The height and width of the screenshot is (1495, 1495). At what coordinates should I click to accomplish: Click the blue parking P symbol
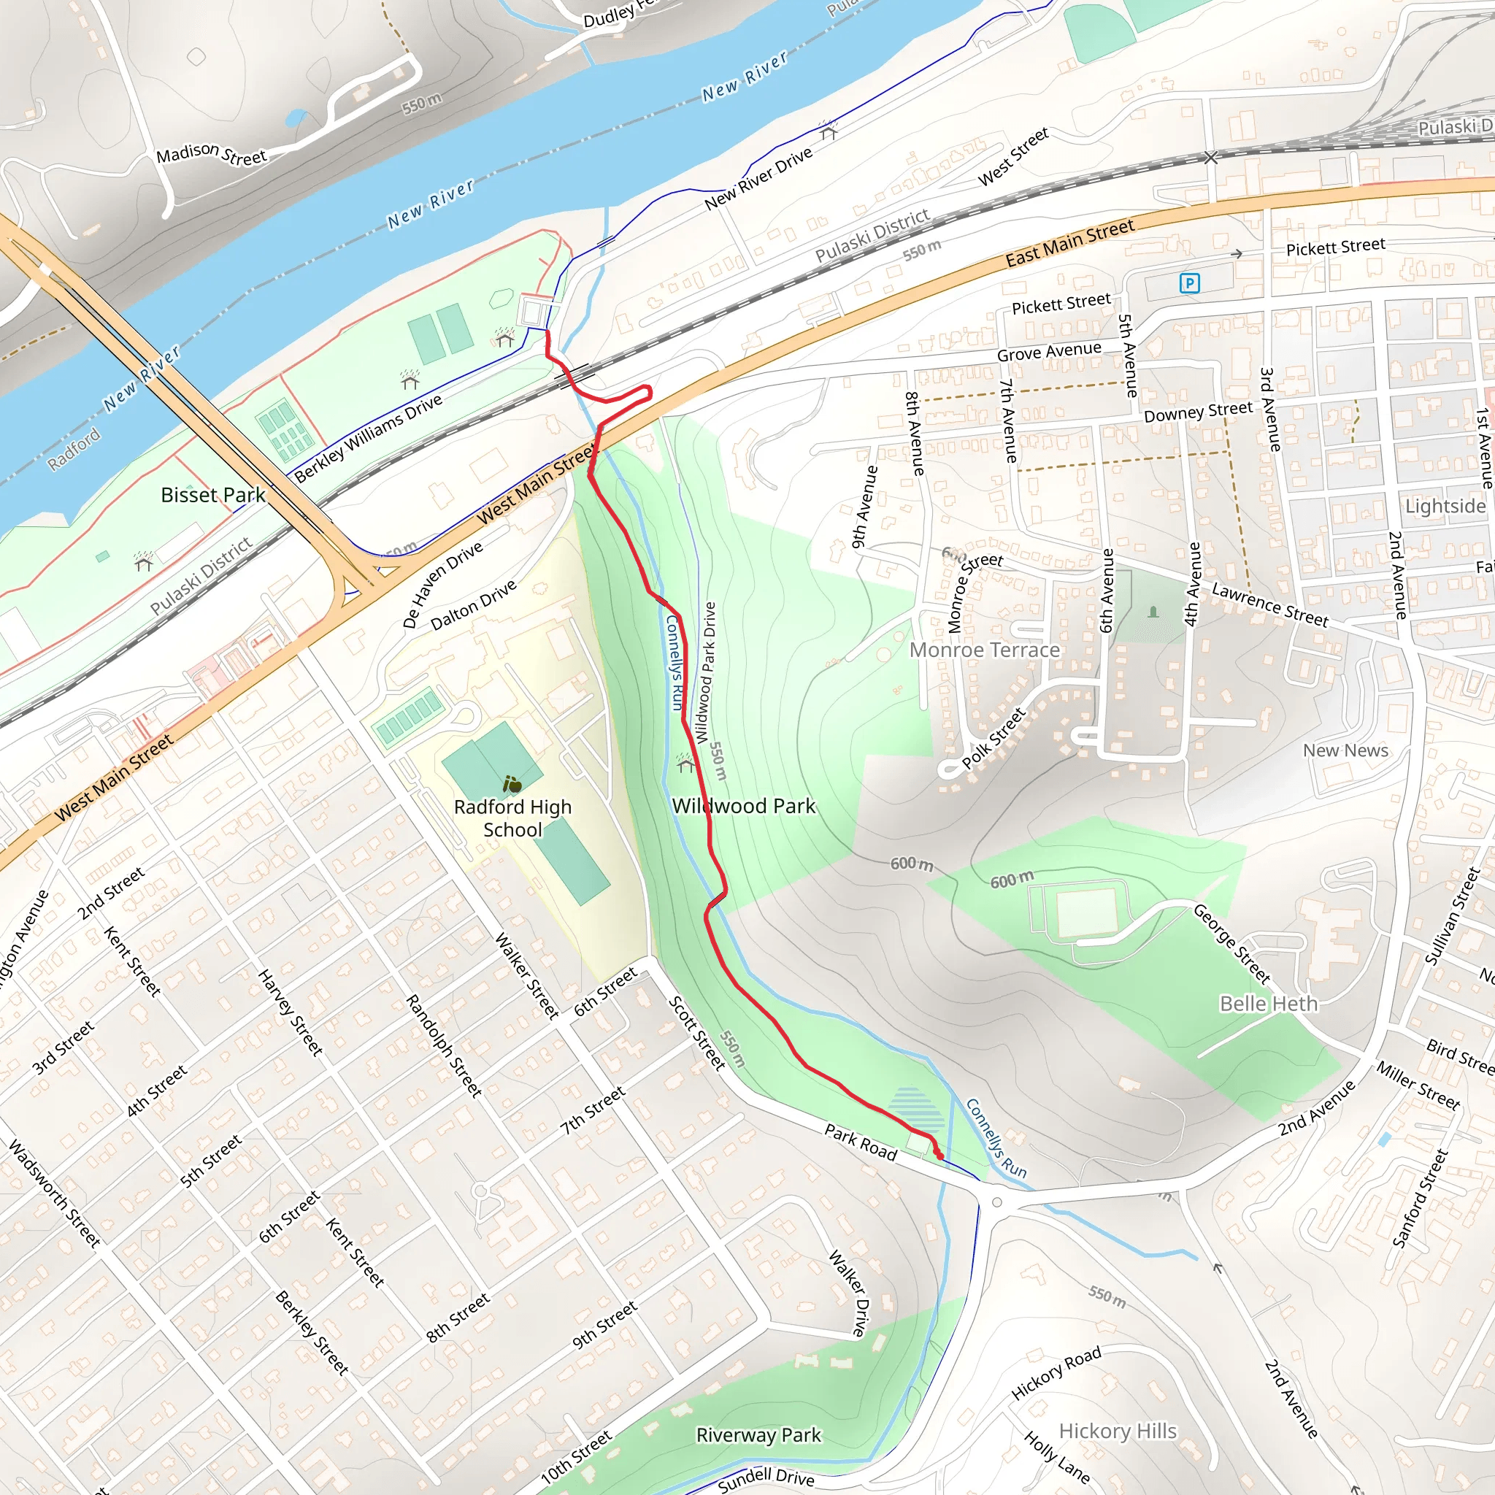click(1189, 283)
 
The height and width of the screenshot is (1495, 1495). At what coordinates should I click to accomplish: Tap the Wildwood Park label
click(743, 807)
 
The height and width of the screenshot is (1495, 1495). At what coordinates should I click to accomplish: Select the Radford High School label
click(512, 818)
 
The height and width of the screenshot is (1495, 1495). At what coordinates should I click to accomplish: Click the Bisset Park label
click(213, 495)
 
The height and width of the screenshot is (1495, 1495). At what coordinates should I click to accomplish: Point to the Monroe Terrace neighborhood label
click(984, 650)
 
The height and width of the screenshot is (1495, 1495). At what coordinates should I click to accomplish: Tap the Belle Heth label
click(1268, 1004)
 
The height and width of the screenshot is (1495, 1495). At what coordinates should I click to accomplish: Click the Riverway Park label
click(758, 1435)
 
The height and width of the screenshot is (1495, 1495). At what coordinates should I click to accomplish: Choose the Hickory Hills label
click(1118, 1431)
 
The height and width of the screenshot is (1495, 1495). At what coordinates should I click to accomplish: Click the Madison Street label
click(211, 154)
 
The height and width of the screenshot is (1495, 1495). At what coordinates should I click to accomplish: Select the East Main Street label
click(1069, 242)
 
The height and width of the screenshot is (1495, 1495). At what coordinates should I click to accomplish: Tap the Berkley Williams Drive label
click(369, 438)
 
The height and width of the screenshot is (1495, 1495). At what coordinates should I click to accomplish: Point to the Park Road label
click(861, 1143)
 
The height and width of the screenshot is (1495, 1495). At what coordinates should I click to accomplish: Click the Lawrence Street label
click(1270, 605)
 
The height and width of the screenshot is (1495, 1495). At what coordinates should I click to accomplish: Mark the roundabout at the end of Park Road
click(996, 1202)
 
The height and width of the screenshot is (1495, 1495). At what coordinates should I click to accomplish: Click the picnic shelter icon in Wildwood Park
click(685, 764)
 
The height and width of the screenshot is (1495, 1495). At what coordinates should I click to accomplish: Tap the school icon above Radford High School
click(512, 785)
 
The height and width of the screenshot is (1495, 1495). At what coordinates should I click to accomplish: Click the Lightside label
click(1445, 506)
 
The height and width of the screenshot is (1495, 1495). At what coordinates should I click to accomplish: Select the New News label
click(1345, 750)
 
